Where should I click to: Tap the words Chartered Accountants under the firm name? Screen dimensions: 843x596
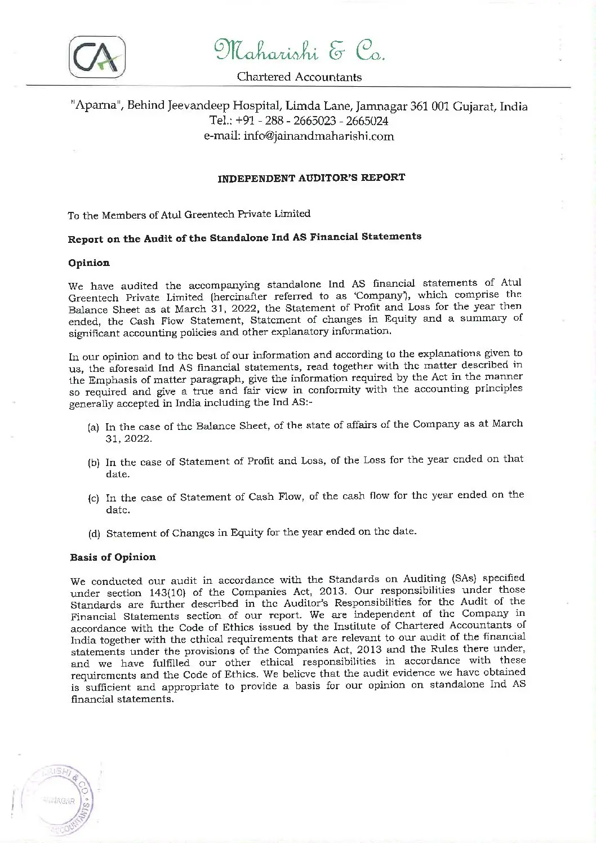[x=299, y=77]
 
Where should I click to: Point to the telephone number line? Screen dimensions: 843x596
[x=299, y=121]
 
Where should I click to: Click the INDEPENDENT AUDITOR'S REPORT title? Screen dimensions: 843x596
[x=311, y=178]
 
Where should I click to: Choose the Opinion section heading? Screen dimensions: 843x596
[x=89, y=263]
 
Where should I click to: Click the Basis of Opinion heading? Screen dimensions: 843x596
[x=113, y=557]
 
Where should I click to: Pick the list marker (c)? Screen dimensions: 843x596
[x=94, y=498]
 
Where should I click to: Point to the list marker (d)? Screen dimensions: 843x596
[x=94, y=534]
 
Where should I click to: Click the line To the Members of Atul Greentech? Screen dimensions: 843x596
[x=189, y=214]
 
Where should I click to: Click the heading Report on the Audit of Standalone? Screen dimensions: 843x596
[x=244, y=237]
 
